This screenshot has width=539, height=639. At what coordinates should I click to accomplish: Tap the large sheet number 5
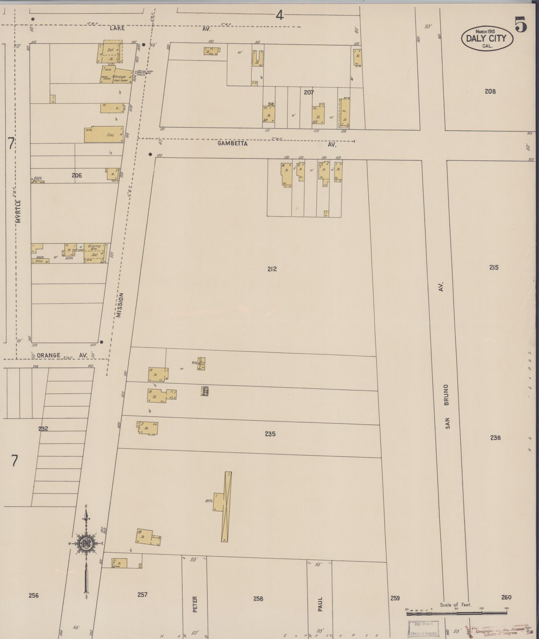pyautogui.click(x=521, y=24)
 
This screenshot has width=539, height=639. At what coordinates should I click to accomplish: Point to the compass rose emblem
pyautogui.click(x=86, y=543)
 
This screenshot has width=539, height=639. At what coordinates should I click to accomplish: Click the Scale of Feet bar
pyautogui.click(x=456, y=613)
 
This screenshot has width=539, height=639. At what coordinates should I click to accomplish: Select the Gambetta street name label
pyautogui.click(x=233, y=144)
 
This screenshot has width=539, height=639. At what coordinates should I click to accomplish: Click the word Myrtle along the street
pyautogui.click(x=18, y=211)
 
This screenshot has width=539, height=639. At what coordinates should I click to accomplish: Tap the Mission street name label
pyautogui.click(x=120, y=305)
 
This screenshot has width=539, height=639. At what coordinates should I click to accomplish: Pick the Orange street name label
pyautogui.click(x=49, y=355)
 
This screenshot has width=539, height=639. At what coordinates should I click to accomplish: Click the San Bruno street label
pyautogui.click(x=447, y=406)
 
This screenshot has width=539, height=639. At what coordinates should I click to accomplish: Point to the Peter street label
pyautogui.click(x=195, y=604)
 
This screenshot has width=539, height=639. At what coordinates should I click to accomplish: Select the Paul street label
pyautogui.click(x=320, y=604)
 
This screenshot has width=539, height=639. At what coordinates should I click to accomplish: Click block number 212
pyautogui.click(x=272, y=269)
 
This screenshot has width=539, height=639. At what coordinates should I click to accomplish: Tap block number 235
pyautogui.click(x=270, y=434)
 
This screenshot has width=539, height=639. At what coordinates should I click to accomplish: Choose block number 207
pyautogui.click(x=309, y=92)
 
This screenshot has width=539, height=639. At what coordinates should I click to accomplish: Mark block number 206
pyautogui.click(x=77, y=175)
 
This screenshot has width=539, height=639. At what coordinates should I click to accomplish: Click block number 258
pyautogui.click(x=258, y=599)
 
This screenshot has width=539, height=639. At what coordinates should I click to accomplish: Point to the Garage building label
pyautogui.click(x=119, y=76)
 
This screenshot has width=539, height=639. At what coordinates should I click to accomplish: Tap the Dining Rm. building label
pyautogui.click(x=94, y=248)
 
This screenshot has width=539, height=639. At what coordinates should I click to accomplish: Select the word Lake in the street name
pyautogui.click(x=117, y=28)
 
